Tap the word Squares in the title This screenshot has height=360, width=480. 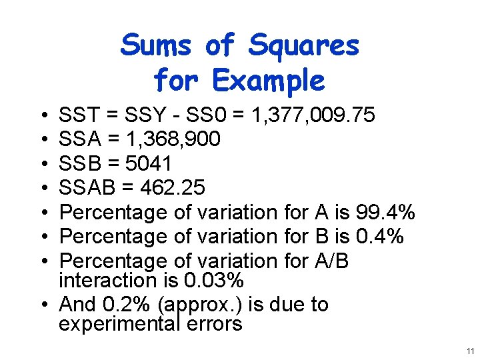click(304, 46)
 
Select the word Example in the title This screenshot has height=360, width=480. click(268, 81)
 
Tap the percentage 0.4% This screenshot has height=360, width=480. click(380, 236)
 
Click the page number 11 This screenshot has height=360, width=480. click(470, 351)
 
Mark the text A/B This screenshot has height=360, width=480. click(331, 260)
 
